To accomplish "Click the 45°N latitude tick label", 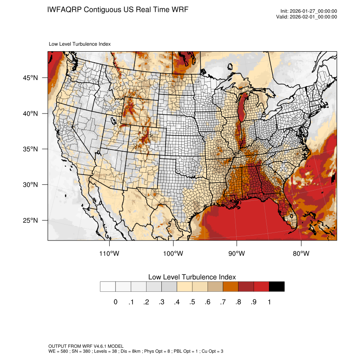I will (x=30, y=78).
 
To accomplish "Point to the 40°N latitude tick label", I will (x=30, y=114).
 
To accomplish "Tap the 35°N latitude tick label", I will (x=30, y=149).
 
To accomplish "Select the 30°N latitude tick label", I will (x=30, y=185).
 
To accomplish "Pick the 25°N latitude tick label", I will (x=30, y=220).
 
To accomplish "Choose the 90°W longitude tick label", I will (x=237, y=254).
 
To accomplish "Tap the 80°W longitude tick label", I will (x=301, y=254).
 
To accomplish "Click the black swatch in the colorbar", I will (x=277, y=287).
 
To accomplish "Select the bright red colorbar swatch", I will (x=261, y=287).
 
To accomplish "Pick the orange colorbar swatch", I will (x=230, y=287).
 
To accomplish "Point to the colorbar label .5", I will (x=192, y=302).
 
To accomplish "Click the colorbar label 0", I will (x=115, y=302).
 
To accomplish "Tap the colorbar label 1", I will (x=269, y=302).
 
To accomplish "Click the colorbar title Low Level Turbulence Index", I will (x=192, y=277).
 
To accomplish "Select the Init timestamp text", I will (x=309, y=11).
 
